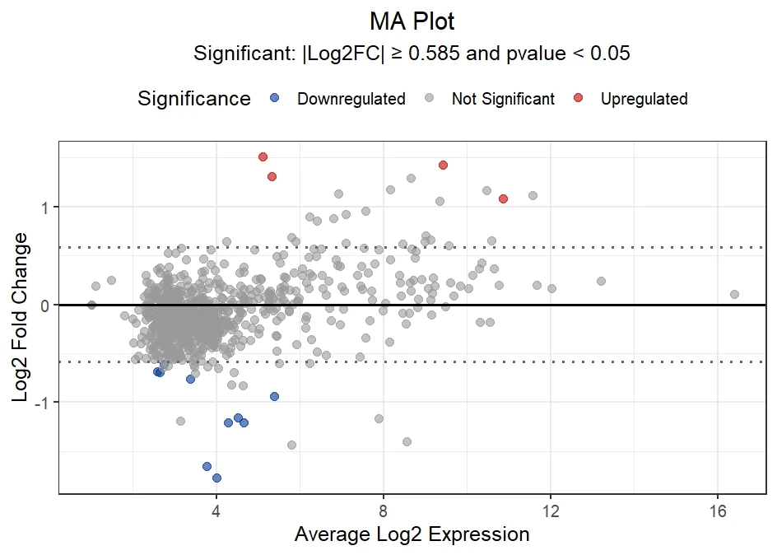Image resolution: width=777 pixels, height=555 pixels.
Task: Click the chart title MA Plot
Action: pyautogui.click(x=412, y=21)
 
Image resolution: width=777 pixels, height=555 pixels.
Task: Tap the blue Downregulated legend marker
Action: pyautogui.click(x=275, y=99)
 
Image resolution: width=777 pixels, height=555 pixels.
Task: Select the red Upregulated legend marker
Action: pyautogui.click(x=579, y=99)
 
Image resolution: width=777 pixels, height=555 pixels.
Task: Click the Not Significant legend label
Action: pyautogui.click(x=503, y=100)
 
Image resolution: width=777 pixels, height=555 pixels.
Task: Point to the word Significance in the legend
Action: pyautogui.click(x=194, y=99)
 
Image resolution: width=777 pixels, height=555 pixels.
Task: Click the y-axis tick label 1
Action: pyautogui.click(x=45, y=207)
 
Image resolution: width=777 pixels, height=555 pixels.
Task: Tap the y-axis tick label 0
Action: pyautogui.click(x=45, y=305)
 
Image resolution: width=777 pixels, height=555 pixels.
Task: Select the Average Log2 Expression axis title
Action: pyautogui.click(x=412, y=534)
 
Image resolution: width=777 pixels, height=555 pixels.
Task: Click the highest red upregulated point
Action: pyautogui.click(x=263, y=156)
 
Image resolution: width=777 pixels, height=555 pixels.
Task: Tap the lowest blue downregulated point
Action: pyautogui.click(x=216, y=478)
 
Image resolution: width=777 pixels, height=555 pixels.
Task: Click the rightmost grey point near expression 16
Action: pyautogui.click(x=734, y=294)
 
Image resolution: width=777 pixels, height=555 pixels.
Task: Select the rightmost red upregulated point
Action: pyautogui.click(x=503, y=198)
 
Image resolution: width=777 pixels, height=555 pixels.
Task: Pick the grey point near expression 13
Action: pyautogui.click(x=601, y=281)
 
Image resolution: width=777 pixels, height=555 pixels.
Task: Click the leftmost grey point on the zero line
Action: pyautogui.click(x=91, y=305)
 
